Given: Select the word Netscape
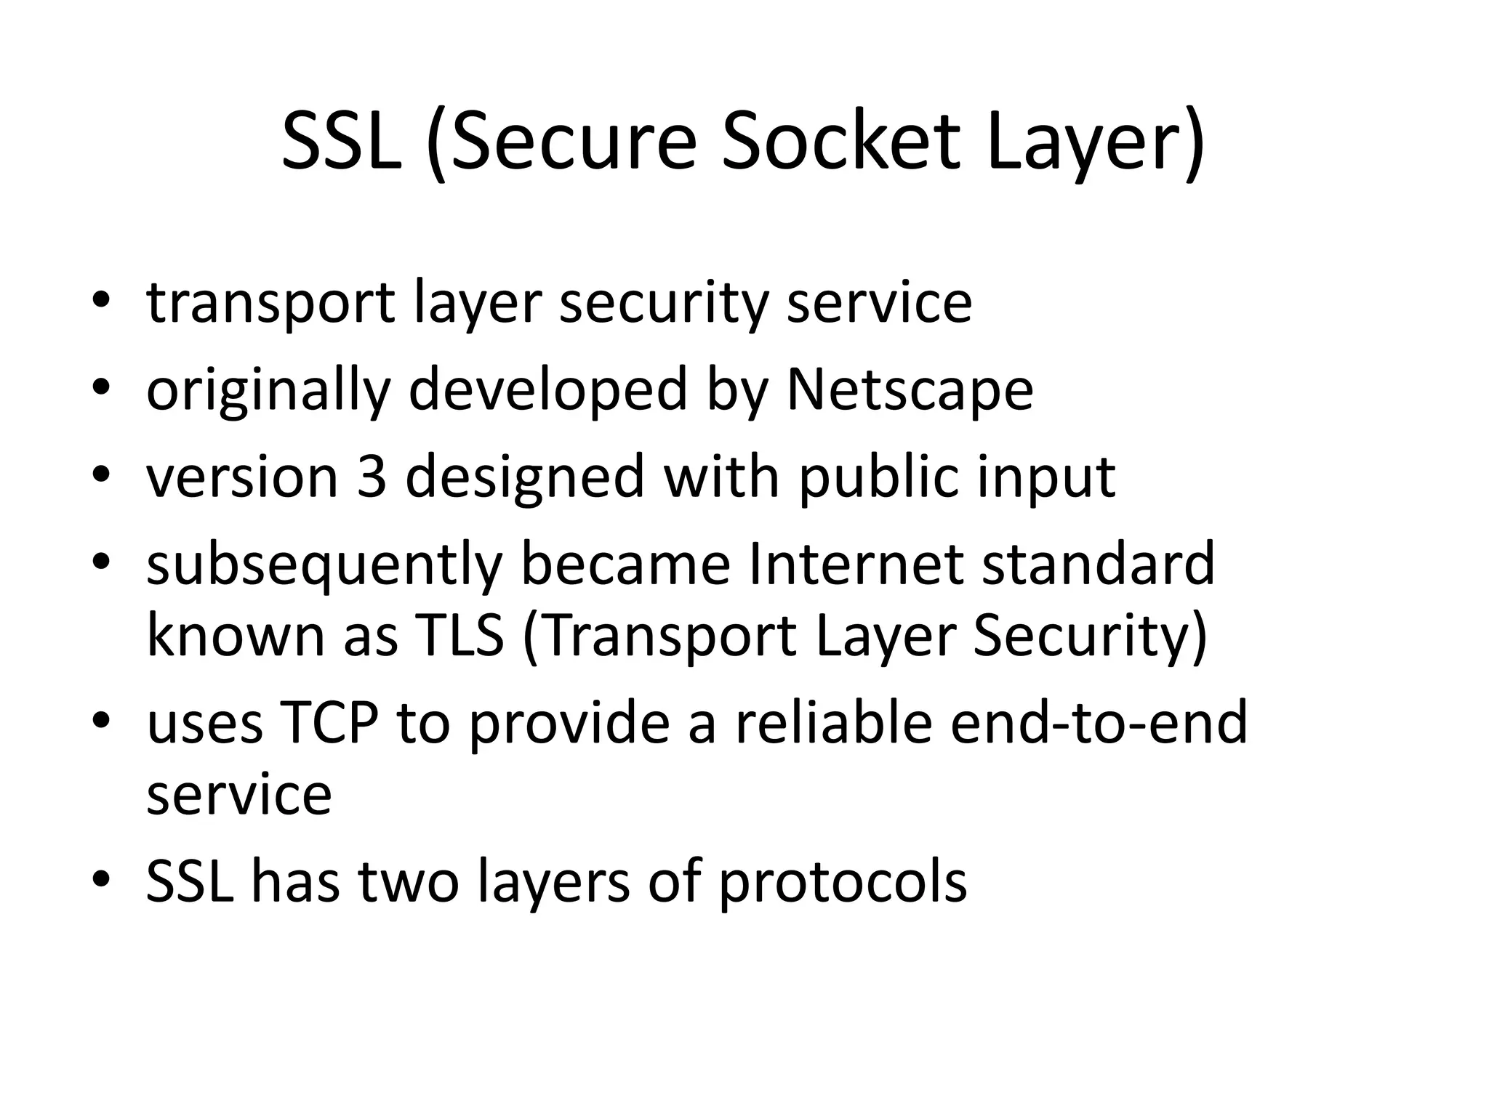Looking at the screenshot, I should (910, 390).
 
